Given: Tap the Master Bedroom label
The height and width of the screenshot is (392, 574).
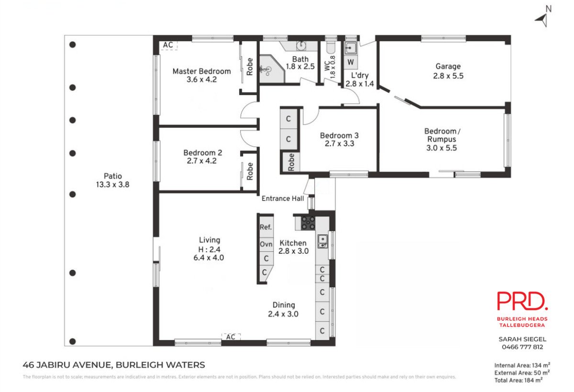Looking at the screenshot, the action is pos(202,71).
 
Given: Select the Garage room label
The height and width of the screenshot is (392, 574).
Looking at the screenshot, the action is pos(448,66).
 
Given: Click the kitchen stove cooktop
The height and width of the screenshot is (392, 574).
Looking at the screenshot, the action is pos(308,223).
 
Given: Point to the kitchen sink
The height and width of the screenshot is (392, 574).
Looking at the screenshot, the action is pos(322,241).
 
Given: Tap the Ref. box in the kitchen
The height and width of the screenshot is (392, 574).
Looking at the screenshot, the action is pos(266,227).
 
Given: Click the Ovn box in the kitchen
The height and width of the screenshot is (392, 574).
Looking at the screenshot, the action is pos(266,244).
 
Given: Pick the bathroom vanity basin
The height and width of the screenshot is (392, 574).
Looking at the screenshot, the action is pos(301,46).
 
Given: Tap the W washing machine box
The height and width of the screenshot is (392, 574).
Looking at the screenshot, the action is pos(350,62).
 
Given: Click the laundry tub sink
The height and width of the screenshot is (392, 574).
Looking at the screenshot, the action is pos(350,48).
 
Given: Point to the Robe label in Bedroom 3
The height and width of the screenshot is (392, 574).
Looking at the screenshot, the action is pos(291,162).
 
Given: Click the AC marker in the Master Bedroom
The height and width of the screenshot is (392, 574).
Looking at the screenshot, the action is pos(168,45).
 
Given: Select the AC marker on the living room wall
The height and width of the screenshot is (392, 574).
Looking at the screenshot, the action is pos(231,337).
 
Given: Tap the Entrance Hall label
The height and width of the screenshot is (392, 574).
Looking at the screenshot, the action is pos(283,198).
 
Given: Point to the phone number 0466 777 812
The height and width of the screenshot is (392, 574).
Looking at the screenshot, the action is pos(522,347).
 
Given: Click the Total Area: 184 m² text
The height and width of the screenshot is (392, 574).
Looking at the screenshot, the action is pos(519,380).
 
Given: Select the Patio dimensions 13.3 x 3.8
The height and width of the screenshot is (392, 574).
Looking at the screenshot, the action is pos(112,185).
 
